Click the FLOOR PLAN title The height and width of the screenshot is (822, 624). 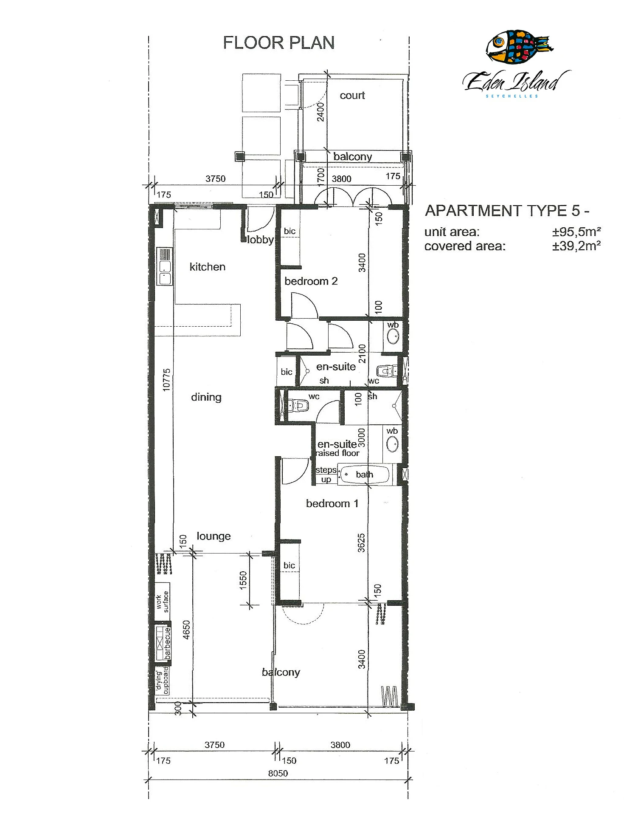278,43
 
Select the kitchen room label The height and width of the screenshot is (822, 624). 207,267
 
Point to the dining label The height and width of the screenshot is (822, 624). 206,397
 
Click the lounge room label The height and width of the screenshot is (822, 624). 213,536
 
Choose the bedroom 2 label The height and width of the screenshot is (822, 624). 311,281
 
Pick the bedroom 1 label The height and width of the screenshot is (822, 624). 332,503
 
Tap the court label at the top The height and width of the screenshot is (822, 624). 352,96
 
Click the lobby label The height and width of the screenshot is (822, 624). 260,240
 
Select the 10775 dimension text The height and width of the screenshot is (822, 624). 167,379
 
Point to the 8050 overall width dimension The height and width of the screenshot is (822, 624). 278,774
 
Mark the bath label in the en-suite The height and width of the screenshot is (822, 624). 364,475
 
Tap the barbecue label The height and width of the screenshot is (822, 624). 168,643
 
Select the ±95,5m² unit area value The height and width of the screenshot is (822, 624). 576,232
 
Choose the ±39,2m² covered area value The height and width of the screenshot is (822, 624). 576,246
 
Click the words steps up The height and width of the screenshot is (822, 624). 326,475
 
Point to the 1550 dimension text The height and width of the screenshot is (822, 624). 243,580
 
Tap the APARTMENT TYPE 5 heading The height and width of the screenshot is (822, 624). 506,211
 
